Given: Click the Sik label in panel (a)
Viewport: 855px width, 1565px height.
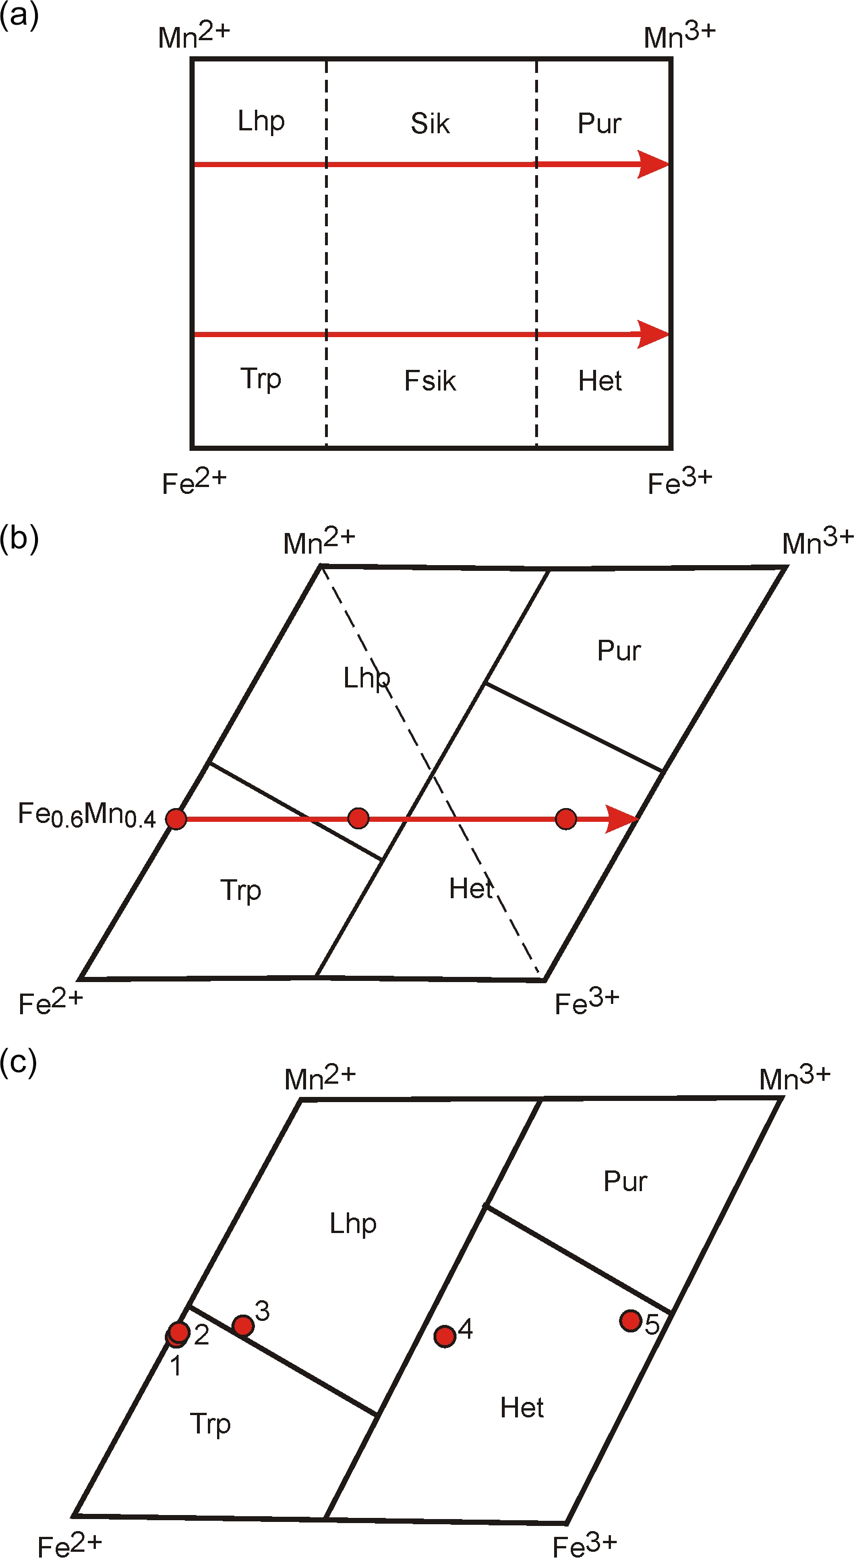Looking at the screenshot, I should click(430, 123).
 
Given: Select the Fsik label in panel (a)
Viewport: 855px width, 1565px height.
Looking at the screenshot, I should click(430, 381).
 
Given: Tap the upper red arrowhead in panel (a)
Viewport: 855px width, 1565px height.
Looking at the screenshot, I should click(653, 164).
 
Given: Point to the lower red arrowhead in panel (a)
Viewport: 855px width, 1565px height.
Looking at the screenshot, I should click(653, 334).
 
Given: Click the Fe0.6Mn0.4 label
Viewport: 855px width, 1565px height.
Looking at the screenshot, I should click(87, 815).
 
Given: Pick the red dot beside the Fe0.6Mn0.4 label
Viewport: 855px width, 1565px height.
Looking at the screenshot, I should click(176, 819).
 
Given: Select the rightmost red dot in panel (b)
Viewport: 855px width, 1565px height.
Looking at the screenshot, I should click(566, 819).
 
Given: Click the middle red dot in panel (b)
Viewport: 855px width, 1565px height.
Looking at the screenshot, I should click(358, 818).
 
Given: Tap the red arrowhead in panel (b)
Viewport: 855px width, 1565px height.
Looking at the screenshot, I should click(622, 819).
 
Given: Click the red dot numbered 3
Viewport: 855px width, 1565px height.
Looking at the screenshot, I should click(243, 1325).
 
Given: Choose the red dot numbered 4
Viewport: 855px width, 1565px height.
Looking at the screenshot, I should click(445, 1336).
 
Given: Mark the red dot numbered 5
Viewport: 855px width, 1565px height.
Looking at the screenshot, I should click(631, 1320).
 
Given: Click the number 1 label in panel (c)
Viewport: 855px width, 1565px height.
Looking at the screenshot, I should click(176, 1366).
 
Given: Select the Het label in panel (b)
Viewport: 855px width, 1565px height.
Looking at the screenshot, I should click(471, 889).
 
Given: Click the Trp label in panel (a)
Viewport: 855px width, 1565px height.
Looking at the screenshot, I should click(261, 378).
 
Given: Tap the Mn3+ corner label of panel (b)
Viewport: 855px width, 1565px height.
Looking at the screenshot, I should click(817, 542).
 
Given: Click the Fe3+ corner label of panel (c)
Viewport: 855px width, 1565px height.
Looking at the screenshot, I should click(584, 1545).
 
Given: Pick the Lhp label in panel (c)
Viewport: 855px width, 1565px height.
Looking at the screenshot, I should click(353, 1223).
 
